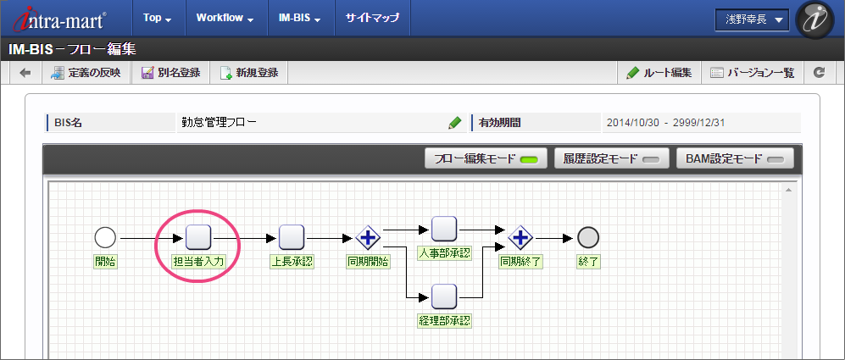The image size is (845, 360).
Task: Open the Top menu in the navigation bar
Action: point(157,18)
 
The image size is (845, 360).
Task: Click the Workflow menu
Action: point(224,18)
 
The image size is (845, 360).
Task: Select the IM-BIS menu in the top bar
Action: point(299,18)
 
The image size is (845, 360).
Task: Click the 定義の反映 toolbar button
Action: point(86,73)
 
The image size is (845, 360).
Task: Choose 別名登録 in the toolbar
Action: point(171,73)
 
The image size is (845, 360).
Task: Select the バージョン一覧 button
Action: point(752,73)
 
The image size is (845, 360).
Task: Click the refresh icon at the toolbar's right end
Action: point(819,73)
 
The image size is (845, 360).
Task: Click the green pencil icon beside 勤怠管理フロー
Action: point(455,123)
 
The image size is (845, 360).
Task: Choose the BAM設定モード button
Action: point(734,158)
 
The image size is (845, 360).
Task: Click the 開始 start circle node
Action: point(105,237)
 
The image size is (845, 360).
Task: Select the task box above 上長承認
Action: point(292,237)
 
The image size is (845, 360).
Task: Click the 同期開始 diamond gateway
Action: point(368,237)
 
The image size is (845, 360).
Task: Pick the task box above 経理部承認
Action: point(444,296)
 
